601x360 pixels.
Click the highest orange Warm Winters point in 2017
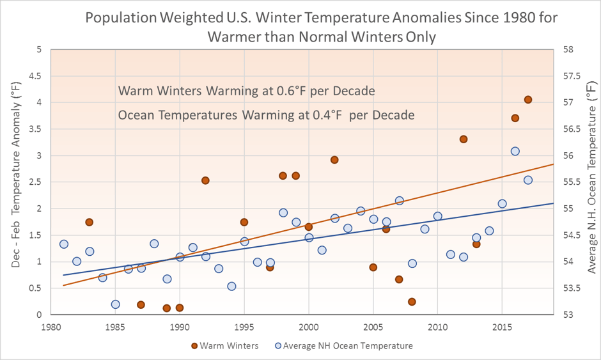coord(528,100)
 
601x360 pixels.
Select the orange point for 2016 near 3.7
coord(515,118)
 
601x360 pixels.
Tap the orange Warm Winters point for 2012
coord(464,139)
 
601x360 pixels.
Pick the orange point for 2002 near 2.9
coord(334,160)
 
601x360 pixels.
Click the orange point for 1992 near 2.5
coord(205,180)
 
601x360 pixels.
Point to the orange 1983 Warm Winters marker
coord(90,223)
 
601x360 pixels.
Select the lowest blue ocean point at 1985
coord(115,304)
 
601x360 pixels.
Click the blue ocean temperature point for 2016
coord(515,152)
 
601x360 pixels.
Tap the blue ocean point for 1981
coord(63,244)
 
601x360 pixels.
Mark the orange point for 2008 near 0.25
coord(412,302)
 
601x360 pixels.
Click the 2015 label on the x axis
coord(502,325)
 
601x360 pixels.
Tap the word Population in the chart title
coord(120,18)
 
